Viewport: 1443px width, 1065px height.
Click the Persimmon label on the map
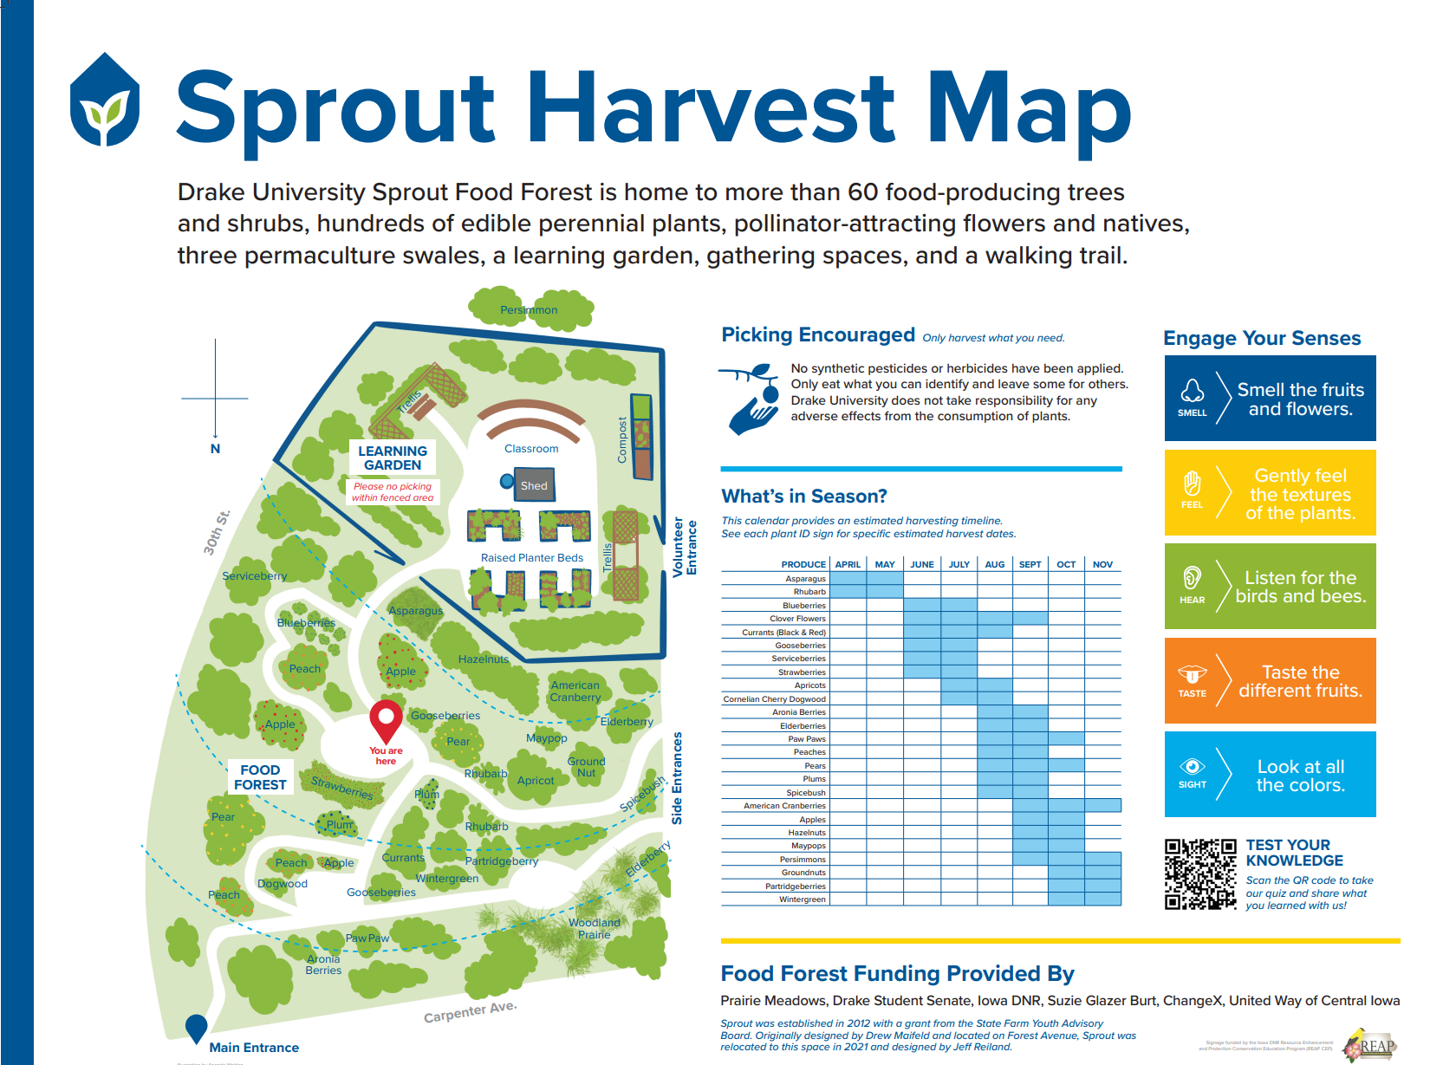pos(529,310)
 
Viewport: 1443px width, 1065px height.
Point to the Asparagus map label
pos(415,611)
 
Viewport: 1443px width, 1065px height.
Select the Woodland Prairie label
pos(595,928)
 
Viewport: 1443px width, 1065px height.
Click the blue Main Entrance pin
pos(197,1028)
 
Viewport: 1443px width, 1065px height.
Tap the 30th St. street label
pos(217,532)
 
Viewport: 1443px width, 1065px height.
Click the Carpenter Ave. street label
pos(470,1011)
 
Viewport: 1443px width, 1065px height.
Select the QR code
pos(1199,873)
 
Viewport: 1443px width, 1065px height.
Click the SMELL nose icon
pos(1192,392)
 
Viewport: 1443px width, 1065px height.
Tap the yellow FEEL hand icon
pos(1192,484)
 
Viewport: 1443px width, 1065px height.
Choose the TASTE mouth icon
pos(1192,674)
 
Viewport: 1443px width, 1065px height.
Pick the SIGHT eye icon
pos(1192,767)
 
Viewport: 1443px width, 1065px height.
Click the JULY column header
pos(959,564)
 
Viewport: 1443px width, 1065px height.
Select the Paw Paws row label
pos(806,739)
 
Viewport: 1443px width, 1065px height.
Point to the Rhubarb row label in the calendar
pos(809,592)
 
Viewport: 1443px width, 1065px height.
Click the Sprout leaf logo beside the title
pos(105,101)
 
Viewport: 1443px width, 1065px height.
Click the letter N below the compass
pos(215,449)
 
